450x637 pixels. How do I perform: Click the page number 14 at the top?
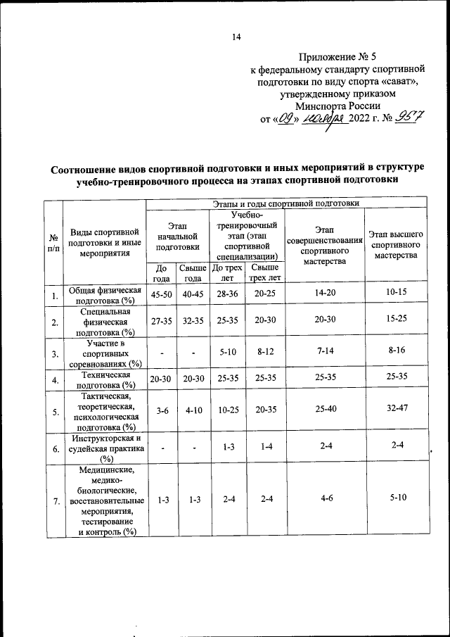pyautogui.click(x=236, y=38)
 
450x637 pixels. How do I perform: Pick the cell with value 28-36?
pyautogui.click(x=227, y=295)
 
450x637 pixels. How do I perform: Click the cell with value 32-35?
pyautogui.click(x=193, y=323)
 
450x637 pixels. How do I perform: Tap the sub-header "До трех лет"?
pyautogui.click(x=227, y=272)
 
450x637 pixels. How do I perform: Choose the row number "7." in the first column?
pyautogui.click(x=53, y=501)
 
